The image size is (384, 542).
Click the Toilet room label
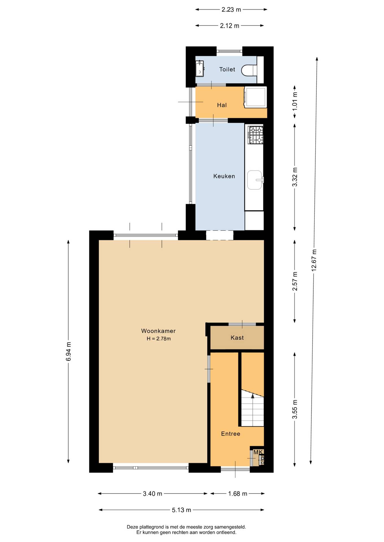[227, 69]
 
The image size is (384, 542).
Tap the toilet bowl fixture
[249, 70]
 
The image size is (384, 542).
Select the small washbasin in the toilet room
[200, 68]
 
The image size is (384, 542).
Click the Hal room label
[222, 105]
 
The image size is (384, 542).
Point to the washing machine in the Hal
[255, 97]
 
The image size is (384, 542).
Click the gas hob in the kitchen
[256, 135]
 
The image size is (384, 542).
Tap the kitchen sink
[255, 180]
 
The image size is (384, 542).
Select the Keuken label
[224, 176]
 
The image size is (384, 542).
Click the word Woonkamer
[158, 331]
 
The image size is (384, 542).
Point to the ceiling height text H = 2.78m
[159, 339]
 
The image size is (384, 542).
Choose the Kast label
[237, 338]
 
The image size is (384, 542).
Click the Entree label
[230, 434]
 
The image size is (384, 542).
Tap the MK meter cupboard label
[258, 452]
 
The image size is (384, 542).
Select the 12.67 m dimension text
[314, 260]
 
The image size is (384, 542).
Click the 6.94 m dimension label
[68, 351]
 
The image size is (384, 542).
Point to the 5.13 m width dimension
[182, 510]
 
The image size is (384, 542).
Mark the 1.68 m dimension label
[238, 493]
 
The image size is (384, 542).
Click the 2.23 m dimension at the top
[231, 10]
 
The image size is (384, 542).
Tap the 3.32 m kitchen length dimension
[295, 177]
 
